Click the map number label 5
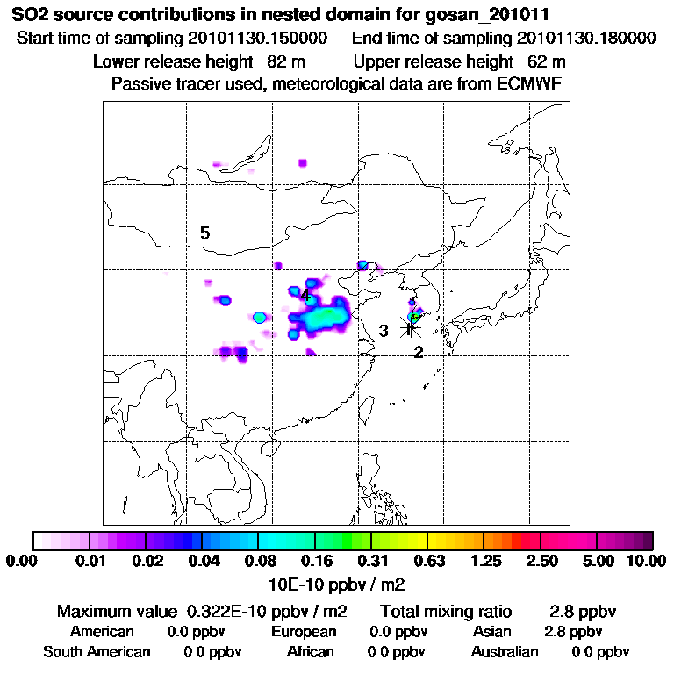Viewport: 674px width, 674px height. coord(204,233)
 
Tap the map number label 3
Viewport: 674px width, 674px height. coord(384,331)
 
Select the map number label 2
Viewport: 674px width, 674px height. coord(419,352)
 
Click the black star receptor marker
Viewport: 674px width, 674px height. coord(410,326)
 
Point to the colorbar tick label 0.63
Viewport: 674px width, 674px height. coord(427,562)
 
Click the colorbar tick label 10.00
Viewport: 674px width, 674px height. coord(648,562)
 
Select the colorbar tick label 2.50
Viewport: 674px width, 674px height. coord(541,562)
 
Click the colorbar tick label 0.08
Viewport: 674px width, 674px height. coord(258,562)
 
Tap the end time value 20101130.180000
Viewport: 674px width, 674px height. coord(586,39)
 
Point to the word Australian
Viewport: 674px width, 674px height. coord(505,652)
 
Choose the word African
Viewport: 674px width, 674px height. coord(311,652)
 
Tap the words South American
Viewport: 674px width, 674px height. coord(97,652)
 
